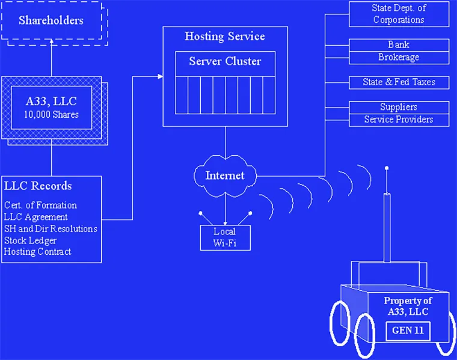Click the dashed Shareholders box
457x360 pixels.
[x=51, y=21]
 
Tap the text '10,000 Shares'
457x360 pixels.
[x=51, y=114]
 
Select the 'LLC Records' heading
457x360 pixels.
[x=38, y=186]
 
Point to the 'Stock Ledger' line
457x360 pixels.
[x=31, y=240]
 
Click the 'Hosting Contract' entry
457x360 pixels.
[x=37, y=251]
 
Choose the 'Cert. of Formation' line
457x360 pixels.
[x=40, y=205]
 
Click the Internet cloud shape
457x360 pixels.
[x=225, y=175]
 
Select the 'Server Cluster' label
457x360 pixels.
[x=225, y=61]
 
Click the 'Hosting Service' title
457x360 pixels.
[x=225, y=37]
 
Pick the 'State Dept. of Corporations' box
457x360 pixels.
[x=399, y=14]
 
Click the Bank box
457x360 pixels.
[x=399, y=45]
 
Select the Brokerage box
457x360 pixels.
[x=399, y=58]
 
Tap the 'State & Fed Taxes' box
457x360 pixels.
[x=399, y=82]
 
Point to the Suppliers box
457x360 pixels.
[x=399, y=107]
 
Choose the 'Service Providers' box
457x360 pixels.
[x=399, y=120]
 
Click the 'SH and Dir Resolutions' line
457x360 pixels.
[x=51, y=228]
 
